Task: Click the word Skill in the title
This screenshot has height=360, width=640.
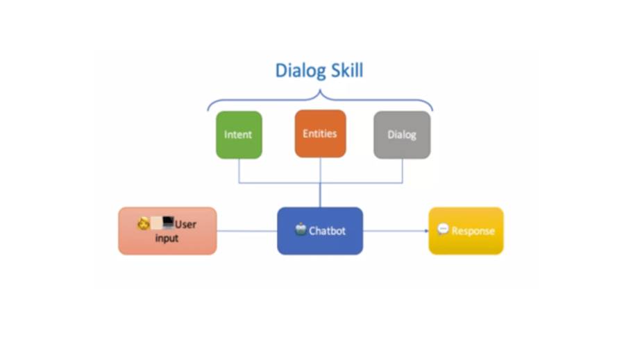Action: (346, 71)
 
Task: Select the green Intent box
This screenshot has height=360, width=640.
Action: (238, 135)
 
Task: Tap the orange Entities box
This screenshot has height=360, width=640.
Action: (320, 133)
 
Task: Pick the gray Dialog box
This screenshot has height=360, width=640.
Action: (402, 135)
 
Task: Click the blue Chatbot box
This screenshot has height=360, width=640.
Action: (320, 231)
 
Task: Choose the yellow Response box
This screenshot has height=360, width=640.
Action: (465, 231)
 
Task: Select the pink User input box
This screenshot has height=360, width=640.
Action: (167, 231)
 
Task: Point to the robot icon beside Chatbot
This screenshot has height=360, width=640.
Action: (301, 230)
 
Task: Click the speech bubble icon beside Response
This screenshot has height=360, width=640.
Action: (443, 229)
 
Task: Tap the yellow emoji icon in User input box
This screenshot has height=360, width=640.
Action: (144, 223)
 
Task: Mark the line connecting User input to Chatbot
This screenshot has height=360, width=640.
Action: (246, 231)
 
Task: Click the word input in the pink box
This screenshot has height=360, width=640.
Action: (167, 239)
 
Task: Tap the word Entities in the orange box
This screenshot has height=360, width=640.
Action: (320, 133)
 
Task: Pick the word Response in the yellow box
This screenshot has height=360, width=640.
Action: (473, 231)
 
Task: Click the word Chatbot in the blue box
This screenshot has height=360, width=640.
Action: (327, 231)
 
